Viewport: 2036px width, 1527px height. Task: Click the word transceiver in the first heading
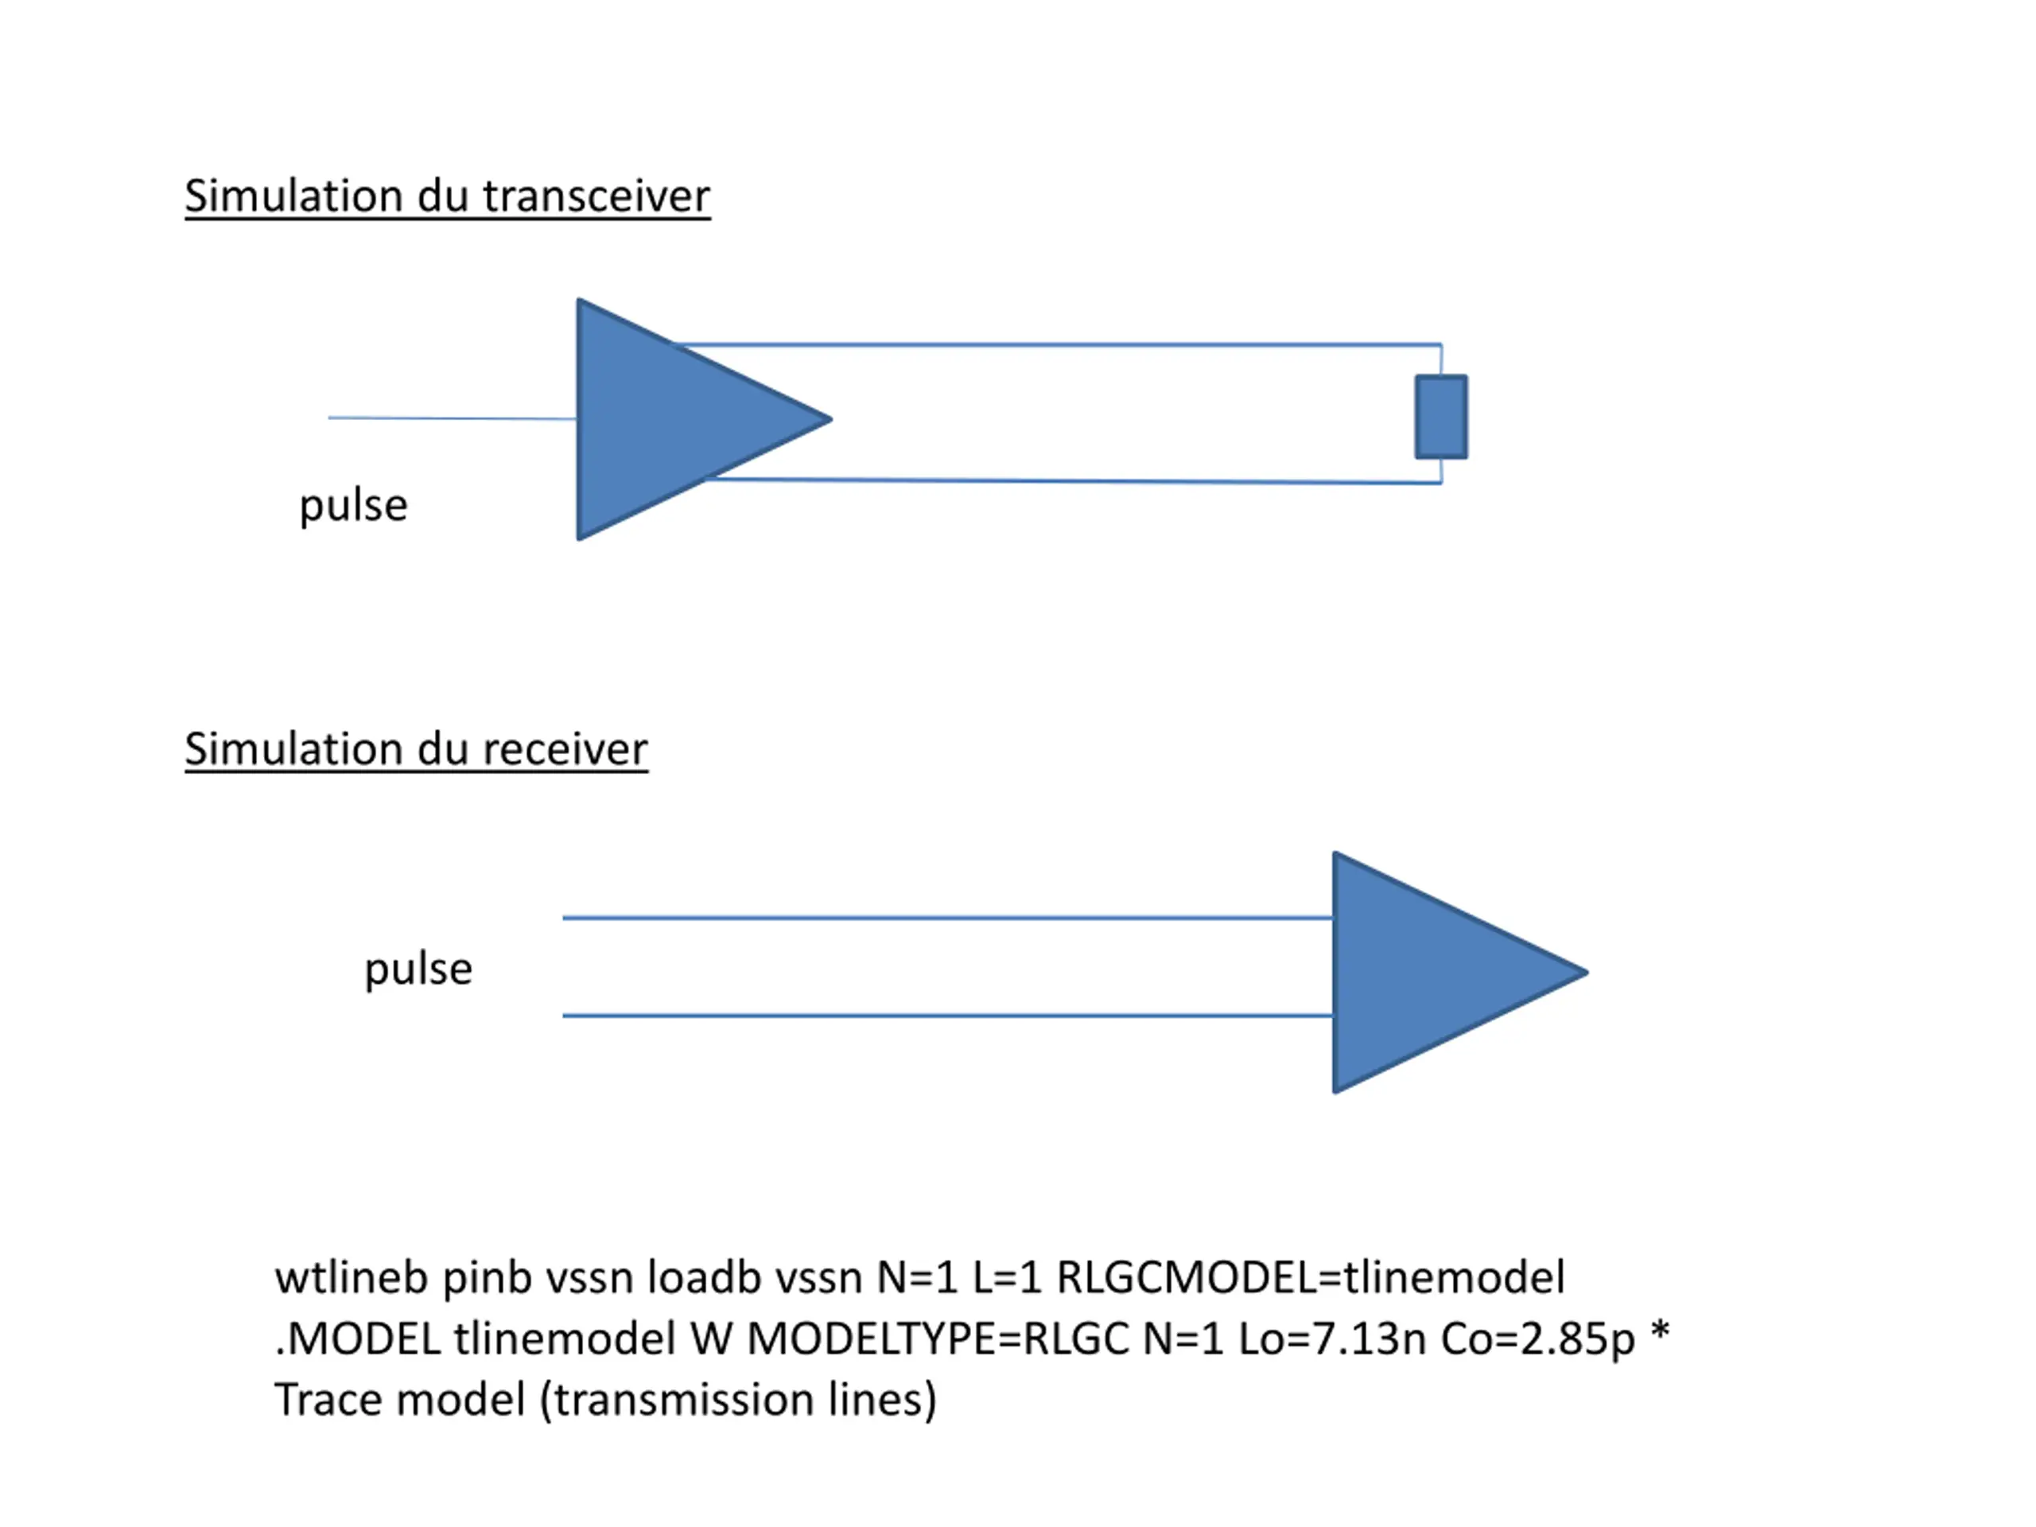(x=596, y=196)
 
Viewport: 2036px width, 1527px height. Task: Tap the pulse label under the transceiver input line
(x=353, y=505)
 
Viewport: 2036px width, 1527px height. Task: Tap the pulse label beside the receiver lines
(x=419, y=969)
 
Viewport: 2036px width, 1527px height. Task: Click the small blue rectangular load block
(x=1440, y=416)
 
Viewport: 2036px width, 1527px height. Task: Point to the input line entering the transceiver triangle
(x=451, y=418)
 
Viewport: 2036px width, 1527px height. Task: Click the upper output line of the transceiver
(x=1059, y=345)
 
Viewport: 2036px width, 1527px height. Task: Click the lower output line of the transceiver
(x=1059, y=480)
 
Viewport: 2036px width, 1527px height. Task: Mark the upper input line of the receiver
(x=948, y=918)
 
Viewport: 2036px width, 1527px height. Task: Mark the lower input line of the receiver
(x=948, y=1016)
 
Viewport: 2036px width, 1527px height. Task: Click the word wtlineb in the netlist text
(x=352, y=1277)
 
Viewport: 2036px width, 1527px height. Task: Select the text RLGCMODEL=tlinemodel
(x=1310, y=1277)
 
